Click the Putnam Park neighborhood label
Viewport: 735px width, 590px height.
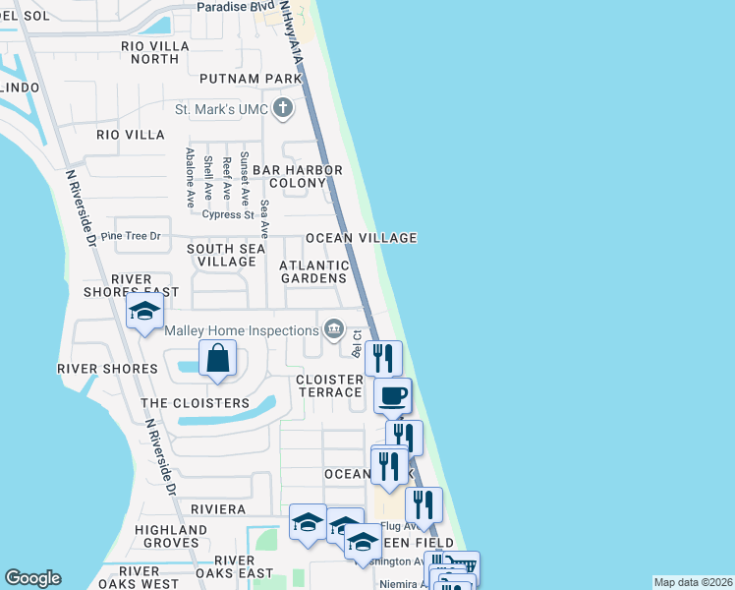(x=249, y=79)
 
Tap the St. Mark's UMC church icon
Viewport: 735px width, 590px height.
(x=283, y=109)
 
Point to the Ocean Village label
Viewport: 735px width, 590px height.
(x=361, y=238)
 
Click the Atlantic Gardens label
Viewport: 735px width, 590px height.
(x=314, y=271)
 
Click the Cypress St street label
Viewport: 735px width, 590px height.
(x=228, y=214)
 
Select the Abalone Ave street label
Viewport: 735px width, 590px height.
(x=190, y=177)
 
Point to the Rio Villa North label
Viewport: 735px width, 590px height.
(x=149, y=52)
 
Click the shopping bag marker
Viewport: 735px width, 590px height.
(x=218, y=359)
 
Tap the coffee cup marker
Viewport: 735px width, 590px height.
(x=392, y=396)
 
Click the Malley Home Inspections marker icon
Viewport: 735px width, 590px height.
(x=334, y=328)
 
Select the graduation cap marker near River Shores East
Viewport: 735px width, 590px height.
(x=144, y=314)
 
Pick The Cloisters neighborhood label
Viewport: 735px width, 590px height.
(x=196, y=403)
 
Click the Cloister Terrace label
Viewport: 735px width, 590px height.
(x=330, y=385)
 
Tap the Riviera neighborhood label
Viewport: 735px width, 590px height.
(x=218, y=509)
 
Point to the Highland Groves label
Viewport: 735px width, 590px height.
(x=171, y=536)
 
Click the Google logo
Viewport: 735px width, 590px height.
(x=32, y=578)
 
